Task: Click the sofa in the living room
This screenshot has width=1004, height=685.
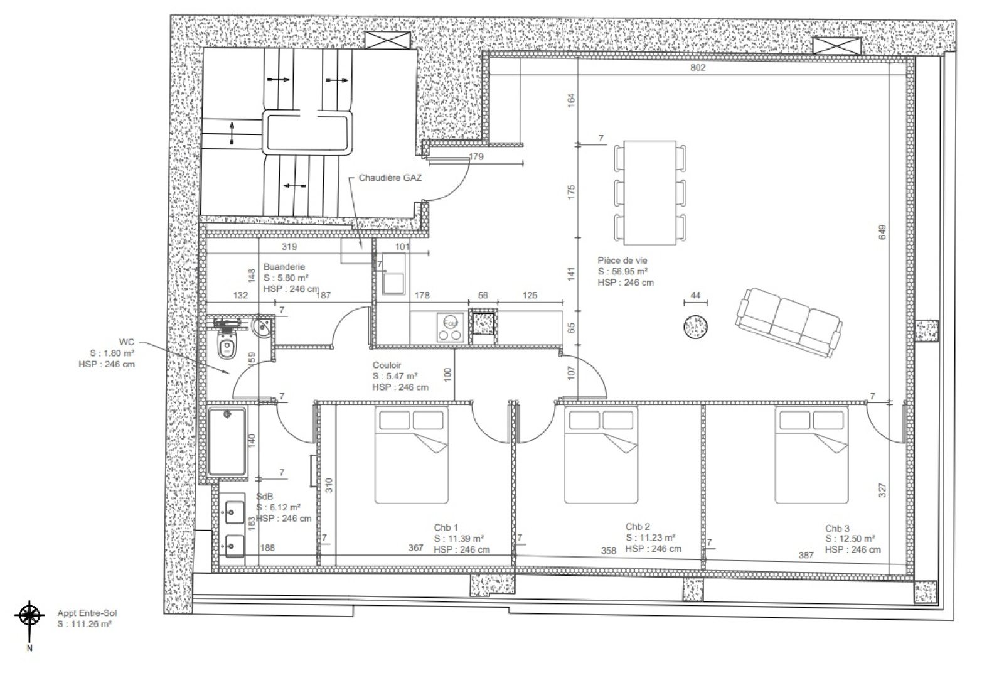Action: [788, 323]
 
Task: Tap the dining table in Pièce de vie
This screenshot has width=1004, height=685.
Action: [649, 193]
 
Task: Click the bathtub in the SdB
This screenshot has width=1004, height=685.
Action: [227, 441]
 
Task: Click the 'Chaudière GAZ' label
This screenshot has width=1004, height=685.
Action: [390, 178]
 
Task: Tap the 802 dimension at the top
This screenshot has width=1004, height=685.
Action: [698, 67]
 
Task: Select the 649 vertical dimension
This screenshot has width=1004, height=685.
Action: [882, 232]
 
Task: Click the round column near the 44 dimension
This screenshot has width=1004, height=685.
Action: [696, 326]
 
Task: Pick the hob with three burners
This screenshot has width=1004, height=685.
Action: [451, 328]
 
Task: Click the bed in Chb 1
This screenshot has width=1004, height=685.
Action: [412, 455]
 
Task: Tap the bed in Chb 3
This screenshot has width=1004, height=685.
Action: [812, 455]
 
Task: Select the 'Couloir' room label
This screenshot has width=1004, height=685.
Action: [387, 365]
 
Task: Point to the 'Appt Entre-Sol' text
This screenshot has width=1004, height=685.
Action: [87, 613]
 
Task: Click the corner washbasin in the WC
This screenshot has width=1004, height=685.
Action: [262, 328]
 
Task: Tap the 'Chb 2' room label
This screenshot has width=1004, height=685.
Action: [638, 527]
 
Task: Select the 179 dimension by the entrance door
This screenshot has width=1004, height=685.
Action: [476, 156]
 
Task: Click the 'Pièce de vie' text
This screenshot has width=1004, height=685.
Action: [622, 260]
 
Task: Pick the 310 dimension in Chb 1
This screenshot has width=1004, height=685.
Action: [329, 485]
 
